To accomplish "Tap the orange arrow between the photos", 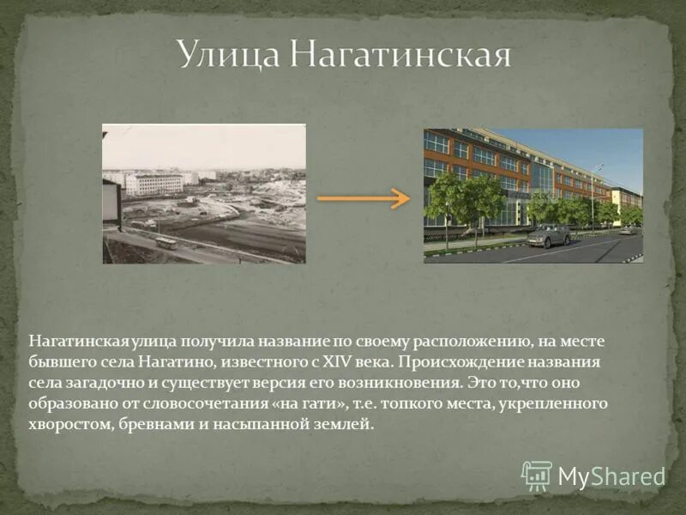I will point(364,198).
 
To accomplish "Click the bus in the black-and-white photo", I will point(165,242).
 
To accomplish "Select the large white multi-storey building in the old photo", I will point(154,185).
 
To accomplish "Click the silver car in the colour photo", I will point(549,235).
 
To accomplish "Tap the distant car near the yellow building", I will point(629,229).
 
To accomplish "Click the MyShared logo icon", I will point(537,475).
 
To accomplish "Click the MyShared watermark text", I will point(611,476).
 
